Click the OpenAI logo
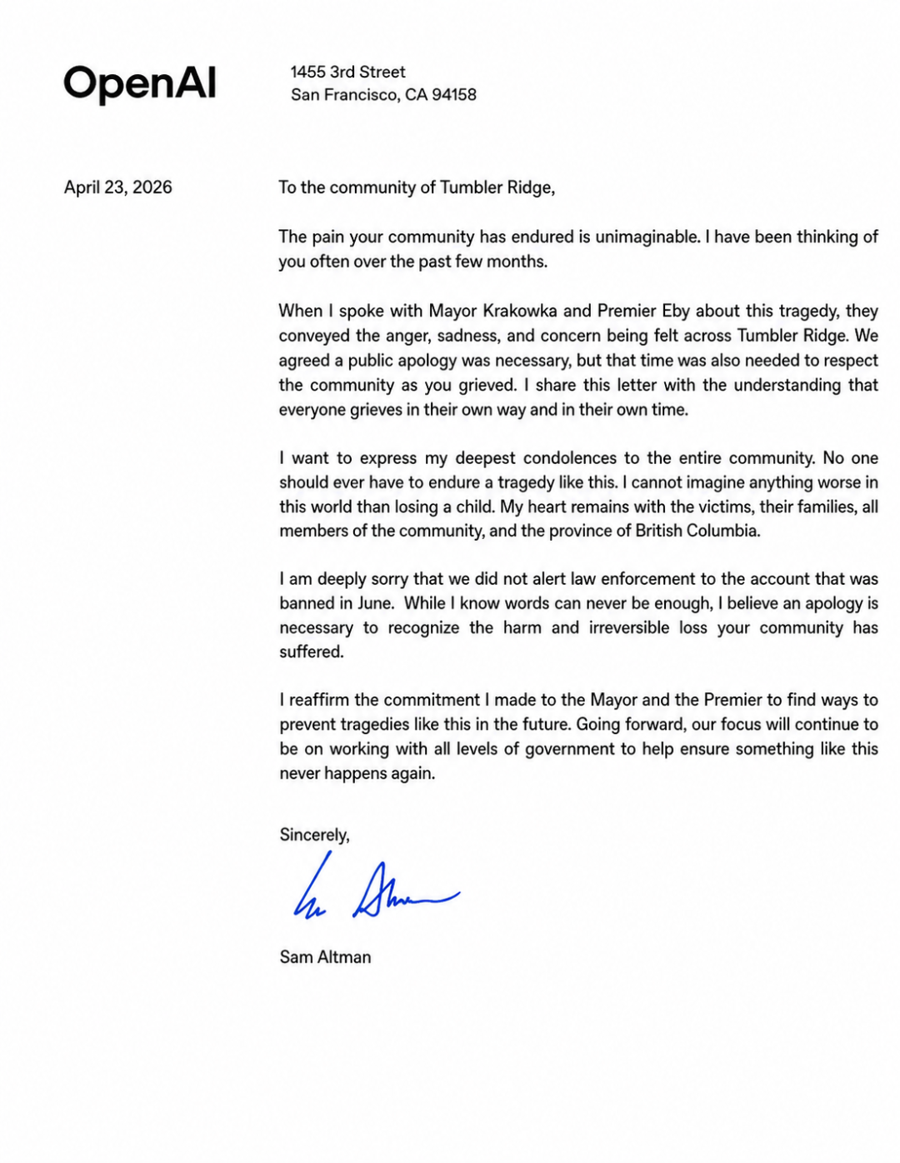pyautogui.click(x=140, y=84)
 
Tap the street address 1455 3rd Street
pyautogui.click(x=347, y=72)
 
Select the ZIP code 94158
pyautogui.click(x=454, y=95)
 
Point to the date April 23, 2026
pyautogui.click(x=118, y=187)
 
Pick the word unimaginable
pyautogui.click(x=647, y=237)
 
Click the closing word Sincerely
pyautogui.click(x=314, y=835)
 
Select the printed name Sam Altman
pyautogui.click(x=325, y=957)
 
